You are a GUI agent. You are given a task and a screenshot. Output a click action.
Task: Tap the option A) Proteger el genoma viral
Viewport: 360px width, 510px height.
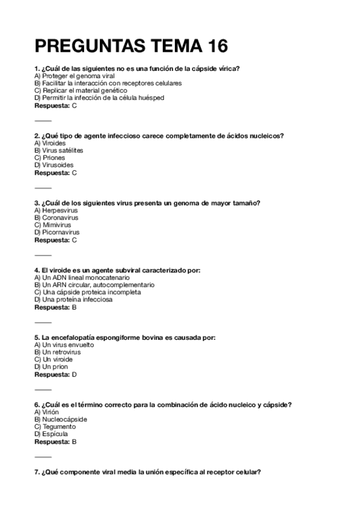[75, 76]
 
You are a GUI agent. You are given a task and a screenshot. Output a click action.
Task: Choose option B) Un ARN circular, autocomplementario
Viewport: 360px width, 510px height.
[94, 285]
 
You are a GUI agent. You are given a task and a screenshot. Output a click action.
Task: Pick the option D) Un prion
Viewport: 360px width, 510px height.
[51, 367]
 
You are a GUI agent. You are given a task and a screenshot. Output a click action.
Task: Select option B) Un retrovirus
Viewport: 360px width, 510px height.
[58, 352]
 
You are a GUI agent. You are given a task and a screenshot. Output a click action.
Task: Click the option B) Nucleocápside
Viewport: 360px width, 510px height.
[61, 420]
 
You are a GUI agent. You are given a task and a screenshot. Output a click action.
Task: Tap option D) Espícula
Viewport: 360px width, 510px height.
[51, 434]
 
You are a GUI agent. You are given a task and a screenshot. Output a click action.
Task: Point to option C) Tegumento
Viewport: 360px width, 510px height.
[55, 427]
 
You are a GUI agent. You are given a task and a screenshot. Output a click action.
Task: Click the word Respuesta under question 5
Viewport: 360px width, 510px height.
[52, 374]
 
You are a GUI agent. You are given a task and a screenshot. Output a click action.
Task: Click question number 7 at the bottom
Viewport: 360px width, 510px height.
[37, 473]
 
